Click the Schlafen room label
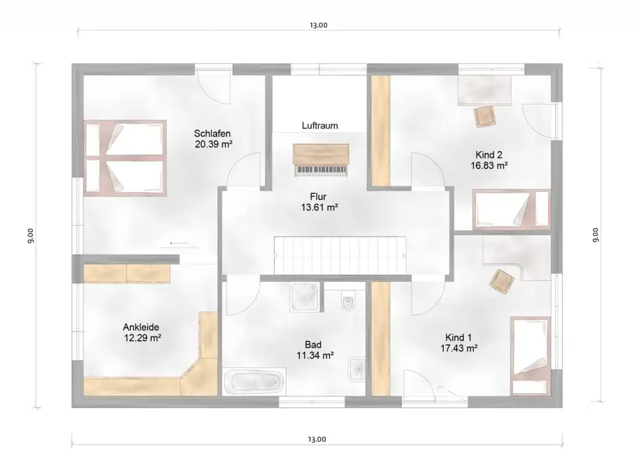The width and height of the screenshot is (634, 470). pos(212,134)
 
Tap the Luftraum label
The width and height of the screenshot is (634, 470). pos(320,125)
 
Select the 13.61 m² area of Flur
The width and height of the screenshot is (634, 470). pos(319,207)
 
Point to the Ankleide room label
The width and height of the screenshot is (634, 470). pos(141,327)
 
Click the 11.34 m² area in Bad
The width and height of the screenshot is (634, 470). pos(315,355)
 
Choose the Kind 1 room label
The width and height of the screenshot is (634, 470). pos(459,337)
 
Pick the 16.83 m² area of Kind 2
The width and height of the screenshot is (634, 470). pos(489,165)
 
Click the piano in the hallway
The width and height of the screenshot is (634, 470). pos(321,160)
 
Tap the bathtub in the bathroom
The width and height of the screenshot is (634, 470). pos(254,381)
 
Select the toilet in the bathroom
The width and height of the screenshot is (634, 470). pos(348,300)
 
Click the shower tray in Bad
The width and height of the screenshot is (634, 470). pos(306,297)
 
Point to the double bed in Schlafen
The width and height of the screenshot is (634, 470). pos(125,158)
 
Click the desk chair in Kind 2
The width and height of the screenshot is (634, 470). pos(484,116)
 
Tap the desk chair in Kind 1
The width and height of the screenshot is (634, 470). pos(502,281)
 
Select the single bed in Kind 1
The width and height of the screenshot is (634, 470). pos(531,356)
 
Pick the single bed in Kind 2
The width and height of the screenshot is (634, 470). pos(511,209)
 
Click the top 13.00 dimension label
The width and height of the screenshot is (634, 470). pos(319,25)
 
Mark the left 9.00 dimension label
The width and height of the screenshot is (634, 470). pos(30,236)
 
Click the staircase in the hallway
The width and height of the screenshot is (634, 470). pos(340,256)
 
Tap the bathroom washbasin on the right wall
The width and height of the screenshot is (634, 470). pos(357,369)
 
